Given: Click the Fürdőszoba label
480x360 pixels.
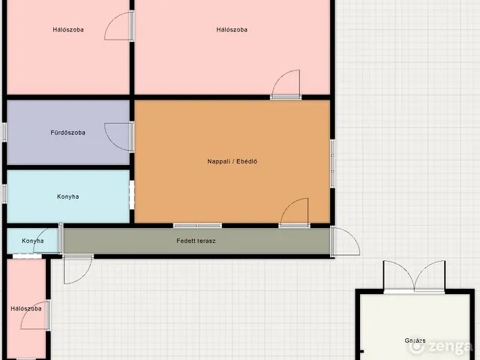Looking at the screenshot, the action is pos(68,133).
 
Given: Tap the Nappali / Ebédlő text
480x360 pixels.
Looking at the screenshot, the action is pos(232,161).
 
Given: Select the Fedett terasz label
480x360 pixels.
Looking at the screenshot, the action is pos(196,241).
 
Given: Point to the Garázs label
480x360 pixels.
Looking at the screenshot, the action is pos(415,340).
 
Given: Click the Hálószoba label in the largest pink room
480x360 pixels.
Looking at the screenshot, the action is pos(232,30).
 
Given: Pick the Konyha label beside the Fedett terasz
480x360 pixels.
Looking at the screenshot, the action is pos(33,241).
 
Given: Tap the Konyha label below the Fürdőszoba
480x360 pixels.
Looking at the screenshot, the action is pos(68,196).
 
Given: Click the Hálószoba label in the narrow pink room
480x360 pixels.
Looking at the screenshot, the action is pos(26,308).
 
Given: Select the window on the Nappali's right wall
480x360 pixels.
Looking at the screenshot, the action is pos(332,163).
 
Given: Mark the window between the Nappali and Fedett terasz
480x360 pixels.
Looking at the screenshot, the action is pos(197,226).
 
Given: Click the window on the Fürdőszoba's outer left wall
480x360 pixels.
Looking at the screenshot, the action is pos(4,132).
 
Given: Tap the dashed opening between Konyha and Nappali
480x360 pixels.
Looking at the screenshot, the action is pos(132,195).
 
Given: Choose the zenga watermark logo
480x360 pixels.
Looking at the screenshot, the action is pos(442,346).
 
